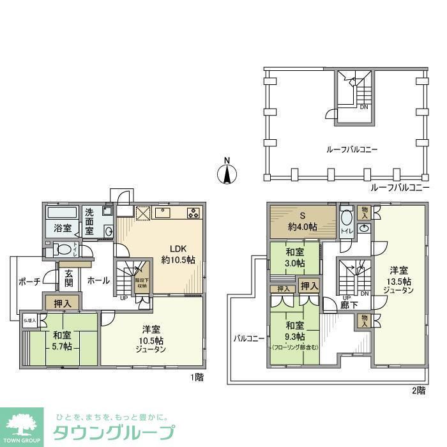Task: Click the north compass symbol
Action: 225,172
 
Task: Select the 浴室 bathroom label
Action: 61,227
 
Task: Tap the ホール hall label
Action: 98,280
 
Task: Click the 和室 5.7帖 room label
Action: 61,340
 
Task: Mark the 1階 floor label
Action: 197,377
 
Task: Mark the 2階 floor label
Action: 418,390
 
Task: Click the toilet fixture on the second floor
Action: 347,221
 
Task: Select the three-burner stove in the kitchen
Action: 193,212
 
